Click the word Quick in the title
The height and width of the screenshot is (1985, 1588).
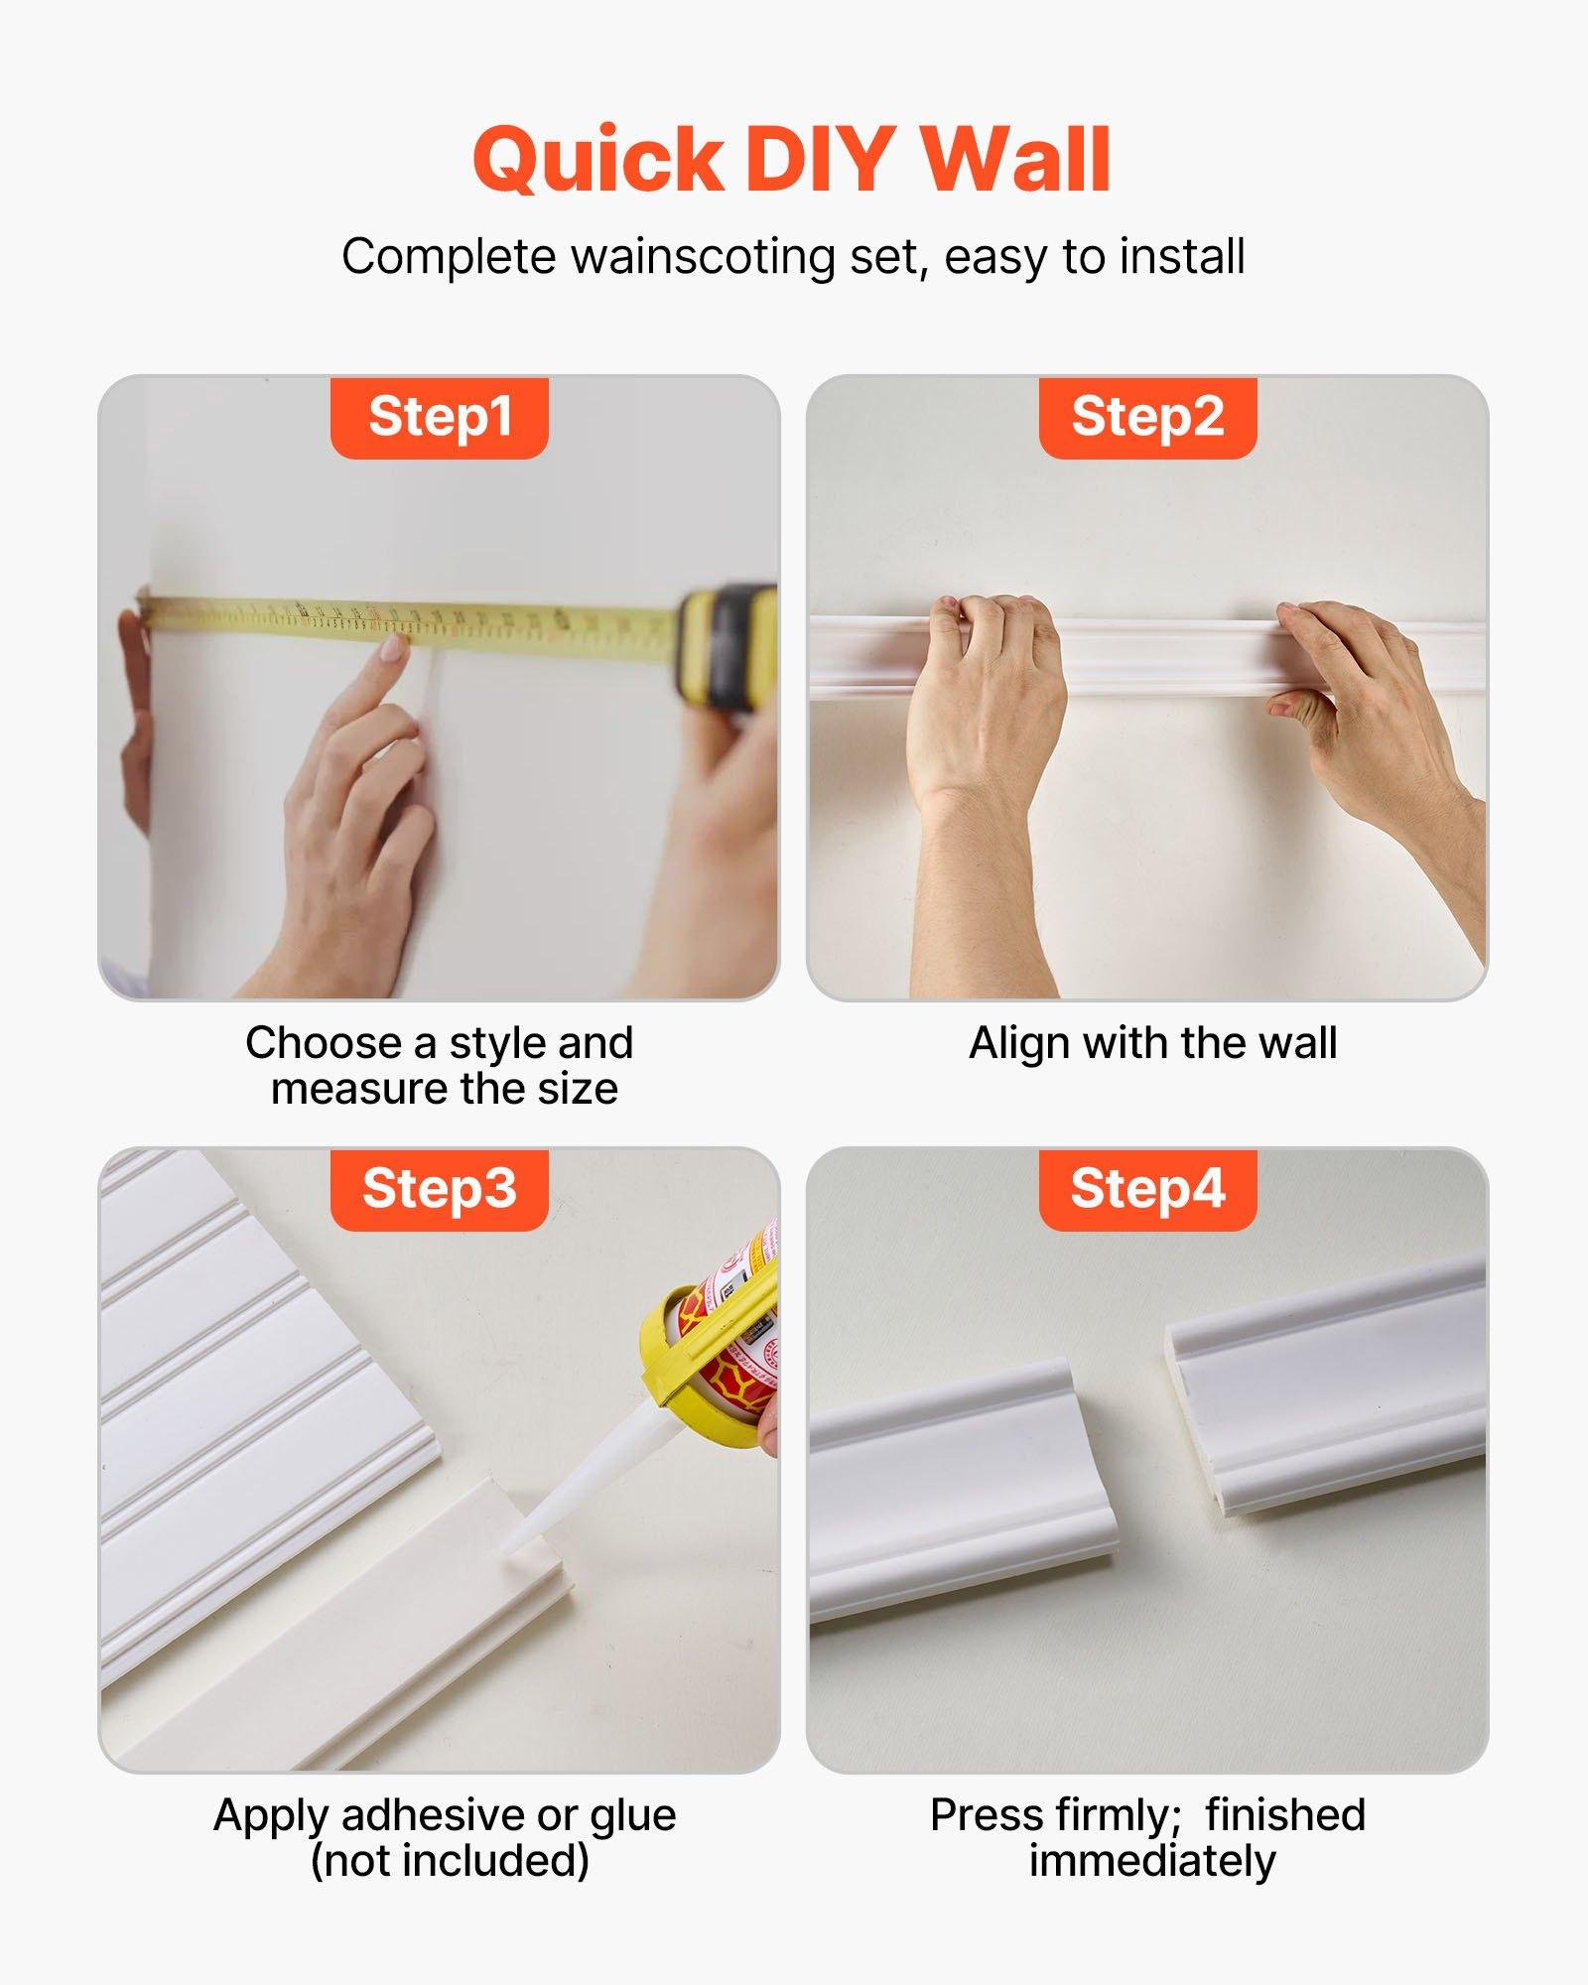coord(598,161)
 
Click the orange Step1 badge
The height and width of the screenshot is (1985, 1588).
coord(439,417)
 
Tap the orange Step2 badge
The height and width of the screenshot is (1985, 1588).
coord(1147,417)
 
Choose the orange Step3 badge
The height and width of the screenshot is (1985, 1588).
coord(439,1189)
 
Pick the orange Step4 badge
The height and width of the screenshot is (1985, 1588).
coord(1147,1189)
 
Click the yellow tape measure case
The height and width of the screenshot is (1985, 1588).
coord(728,645)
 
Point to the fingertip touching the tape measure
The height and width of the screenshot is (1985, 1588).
coord(393,648)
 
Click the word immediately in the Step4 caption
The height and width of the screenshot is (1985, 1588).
coord(1151,1862)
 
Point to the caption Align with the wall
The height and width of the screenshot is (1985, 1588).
coord(1152,1043)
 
